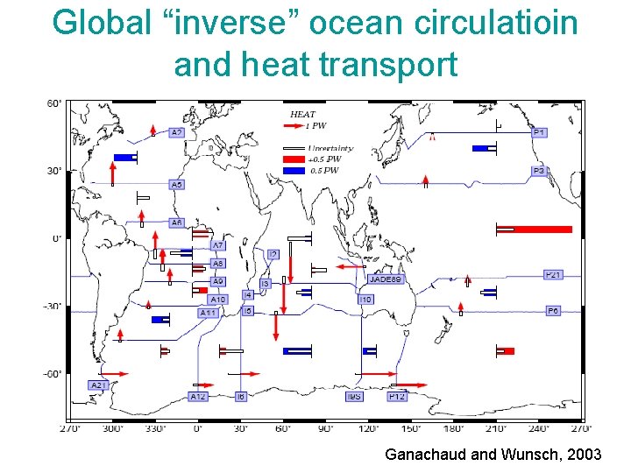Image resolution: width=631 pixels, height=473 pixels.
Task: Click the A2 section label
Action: (x=176, y=133)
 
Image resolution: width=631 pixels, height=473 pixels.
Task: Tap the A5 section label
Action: (x=177, y=185)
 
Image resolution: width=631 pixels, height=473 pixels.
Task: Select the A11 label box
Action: (x=209, y=313)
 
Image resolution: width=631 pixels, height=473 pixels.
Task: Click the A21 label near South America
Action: (x=98, y=385)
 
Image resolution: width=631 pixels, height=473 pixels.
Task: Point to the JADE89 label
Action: (x=386, y=279)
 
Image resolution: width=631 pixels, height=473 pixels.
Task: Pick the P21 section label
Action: (x=553, y=275)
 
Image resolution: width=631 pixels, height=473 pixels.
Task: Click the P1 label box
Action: (x=540, y=132)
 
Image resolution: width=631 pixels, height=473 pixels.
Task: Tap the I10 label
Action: (x=365, y=300)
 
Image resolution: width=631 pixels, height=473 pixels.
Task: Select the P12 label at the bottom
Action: (x=397, y=397)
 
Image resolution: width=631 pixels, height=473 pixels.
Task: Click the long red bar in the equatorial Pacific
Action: (x=542, y=229)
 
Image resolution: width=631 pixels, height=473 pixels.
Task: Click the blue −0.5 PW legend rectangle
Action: (x=294, y=171)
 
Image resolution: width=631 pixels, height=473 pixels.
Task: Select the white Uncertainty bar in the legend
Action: (x=294, y=148)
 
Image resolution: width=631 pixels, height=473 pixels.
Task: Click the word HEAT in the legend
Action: (x=302, y=114)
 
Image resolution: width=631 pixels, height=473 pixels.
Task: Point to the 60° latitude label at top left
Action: (x=54, y=103)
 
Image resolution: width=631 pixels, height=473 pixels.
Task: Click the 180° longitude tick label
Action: (x=454, y=428)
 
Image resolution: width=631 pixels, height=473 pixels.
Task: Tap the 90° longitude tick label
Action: (x=325, y=428)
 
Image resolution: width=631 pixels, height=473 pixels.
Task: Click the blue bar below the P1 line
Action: (x=482, y=148)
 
